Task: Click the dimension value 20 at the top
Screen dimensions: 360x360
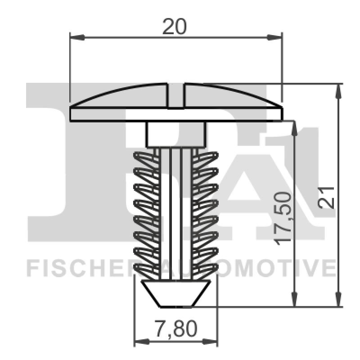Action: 174,27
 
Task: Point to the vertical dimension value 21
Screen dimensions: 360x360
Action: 328,197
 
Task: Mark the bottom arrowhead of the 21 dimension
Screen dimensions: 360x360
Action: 337,301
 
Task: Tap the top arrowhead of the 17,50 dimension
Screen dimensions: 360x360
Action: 294,127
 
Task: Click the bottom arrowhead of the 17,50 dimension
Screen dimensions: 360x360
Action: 294,301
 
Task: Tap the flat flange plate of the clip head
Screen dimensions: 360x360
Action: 176,114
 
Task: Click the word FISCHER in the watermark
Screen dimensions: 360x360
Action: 79,269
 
